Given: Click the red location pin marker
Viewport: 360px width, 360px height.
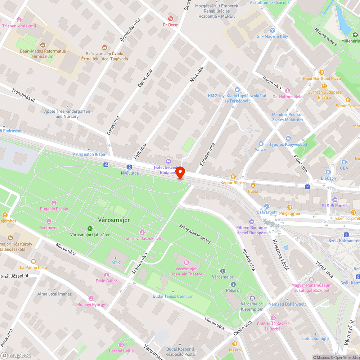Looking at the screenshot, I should click(x=180, y=173).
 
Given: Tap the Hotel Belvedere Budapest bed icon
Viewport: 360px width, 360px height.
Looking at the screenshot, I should click(x=168, y=161).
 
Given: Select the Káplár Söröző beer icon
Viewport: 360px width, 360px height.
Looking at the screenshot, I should click(x=233, y=176).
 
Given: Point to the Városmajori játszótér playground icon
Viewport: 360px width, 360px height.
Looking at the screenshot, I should click(x=90, y=228).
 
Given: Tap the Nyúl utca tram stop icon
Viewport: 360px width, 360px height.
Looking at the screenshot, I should click(x=129, y=167).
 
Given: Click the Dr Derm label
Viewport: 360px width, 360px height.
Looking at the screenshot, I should click(x=170, y=25).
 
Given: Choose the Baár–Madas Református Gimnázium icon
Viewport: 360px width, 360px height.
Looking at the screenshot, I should click(x=43, y=45).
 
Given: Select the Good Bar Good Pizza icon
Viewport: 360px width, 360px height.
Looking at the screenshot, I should click(x=321, y=72).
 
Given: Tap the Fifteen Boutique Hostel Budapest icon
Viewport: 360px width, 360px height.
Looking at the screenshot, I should click(x=252, y=221).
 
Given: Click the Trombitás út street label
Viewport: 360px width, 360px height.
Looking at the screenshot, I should click(x=23, y=95).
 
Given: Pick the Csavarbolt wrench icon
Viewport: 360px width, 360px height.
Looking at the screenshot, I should click(x=266, y=206).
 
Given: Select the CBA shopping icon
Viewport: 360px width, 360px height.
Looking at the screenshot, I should click(x=344, y=162).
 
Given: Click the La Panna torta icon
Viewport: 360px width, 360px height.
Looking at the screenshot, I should click(x=33, y=261).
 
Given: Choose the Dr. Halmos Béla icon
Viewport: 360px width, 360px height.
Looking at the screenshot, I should click(x=287, y=90).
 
